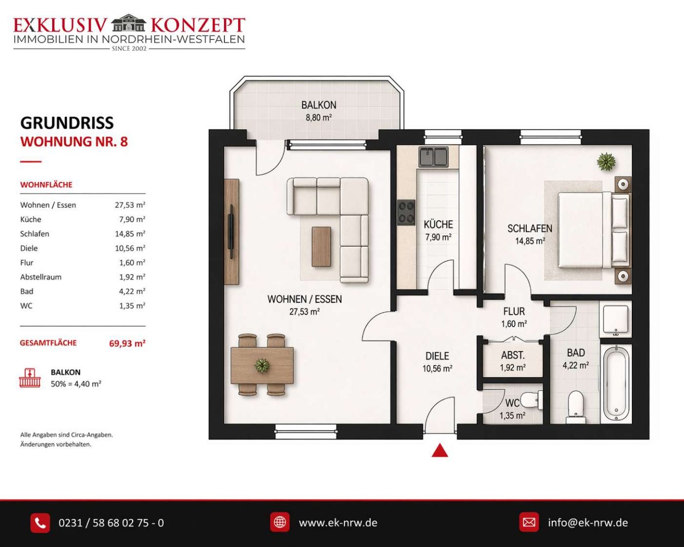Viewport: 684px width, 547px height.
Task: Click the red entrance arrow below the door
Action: pyautogui.click(x=440, y=450)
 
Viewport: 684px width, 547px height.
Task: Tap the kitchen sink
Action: pyautogui.click(x=433, y=157)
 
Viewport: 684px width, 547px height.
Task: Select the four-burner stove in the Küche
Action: pyautogui.click(x=406, y=213)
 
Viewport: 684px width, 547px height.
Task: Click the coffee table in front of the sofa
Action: pyautogui.click(x=321, y=247)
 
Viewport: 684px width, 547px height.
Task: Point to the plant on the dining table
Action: pyautogui.click(x=262, y=366)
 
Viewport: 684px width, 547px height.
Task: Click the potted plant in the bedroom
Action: pyautogui.click(x=606, y=162)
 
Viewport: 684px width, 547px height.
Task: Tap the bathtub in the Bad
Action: pyautogui.click(x=616, y=384)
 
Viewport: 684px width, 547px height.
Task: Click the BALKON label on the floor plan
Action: pyautogui.click(x=319, y=105)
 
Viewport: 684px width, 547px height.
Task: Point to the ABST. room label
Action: pyautogui.click(x=513, y=355)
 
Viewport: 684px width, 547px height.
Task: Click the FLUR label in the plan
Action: pyautogui.click(x=514, y=311)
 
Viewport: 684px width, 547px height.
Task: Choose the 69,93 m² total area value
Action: pyautogui.click(x=127, y=343)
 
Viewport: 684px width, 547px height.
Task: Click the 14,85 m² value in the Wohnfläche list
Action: pyautogui.click(x=130, y=234)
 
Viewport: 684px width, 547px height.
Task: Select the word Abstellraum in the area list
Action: pyautogui.click(x=41, y=277)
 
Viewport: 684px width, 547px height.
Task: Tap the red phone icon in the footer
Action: pyautogui.click(x=40, y=523)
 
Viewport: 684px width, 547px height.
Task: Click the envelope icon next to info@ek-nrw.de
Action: pyautogui.click(x=529, y=522)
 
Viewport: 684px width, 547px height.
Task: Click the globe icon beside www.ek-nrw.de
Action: pyautogui.click(x=280, y=522)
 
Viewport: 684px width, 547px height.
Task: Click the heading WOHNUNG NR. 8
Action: pyautogui.click(x=74, y=142)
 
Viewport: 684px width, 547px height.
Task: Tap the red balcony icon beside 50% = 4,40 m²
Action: pyautogui.click(x=30, y=378)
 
